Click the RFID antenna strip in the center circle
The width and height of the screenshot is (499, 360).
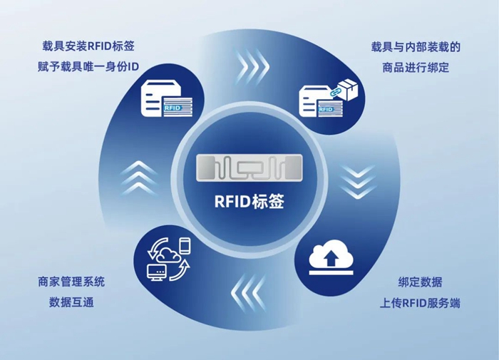tap(249, 168)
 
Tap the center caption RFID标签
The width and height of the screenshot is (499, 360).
tap(249, 201)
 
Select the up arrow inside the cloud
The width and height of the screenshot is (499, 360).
tap(331, 258)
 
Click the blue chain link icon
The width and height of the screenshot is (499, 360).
tap(334, 92)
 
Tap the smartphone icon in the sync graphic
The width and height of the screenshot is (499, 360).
tap(185, 245)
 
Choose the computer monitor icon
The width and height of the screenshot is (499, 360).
tap(158, 272)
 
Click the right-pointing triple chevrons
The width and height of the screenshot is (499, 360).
tap(253, 66)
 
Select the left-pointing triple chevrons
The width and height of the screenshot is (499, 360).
tap(248, 292)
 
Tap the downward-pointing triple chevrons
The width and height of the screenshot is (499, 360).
tap(358, 181)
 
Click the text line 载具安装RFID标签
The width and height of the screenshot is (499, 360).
tap(88, 46)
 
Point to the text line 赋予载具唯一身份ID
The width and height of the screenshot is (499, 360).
tap(88, 67)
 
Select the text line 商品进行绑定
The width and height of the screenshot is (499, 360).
tap(416, 68)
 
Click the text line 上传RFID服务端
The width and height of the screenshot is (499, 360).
tap(420, 303)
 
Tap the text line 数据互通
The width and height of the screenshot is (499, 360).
tap(71, 302)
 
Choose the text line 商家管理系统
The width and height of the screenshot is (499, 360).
tap(71, 282)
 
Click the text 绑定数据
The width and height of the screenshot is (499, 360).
tap(420, 282)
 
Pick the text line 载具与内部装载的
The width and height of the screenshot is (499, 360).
tap(416, 47)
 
